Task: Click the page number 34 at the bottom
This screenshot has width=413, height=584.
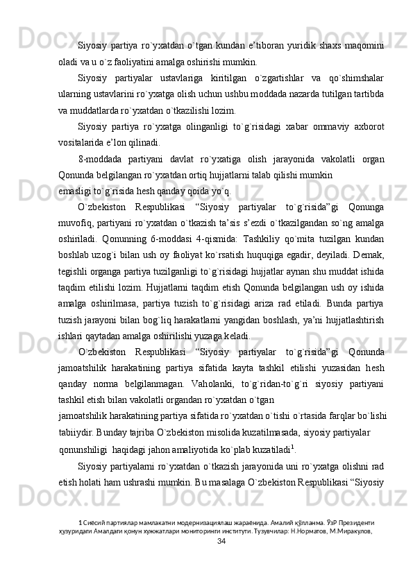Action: [x=221, y=560]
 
